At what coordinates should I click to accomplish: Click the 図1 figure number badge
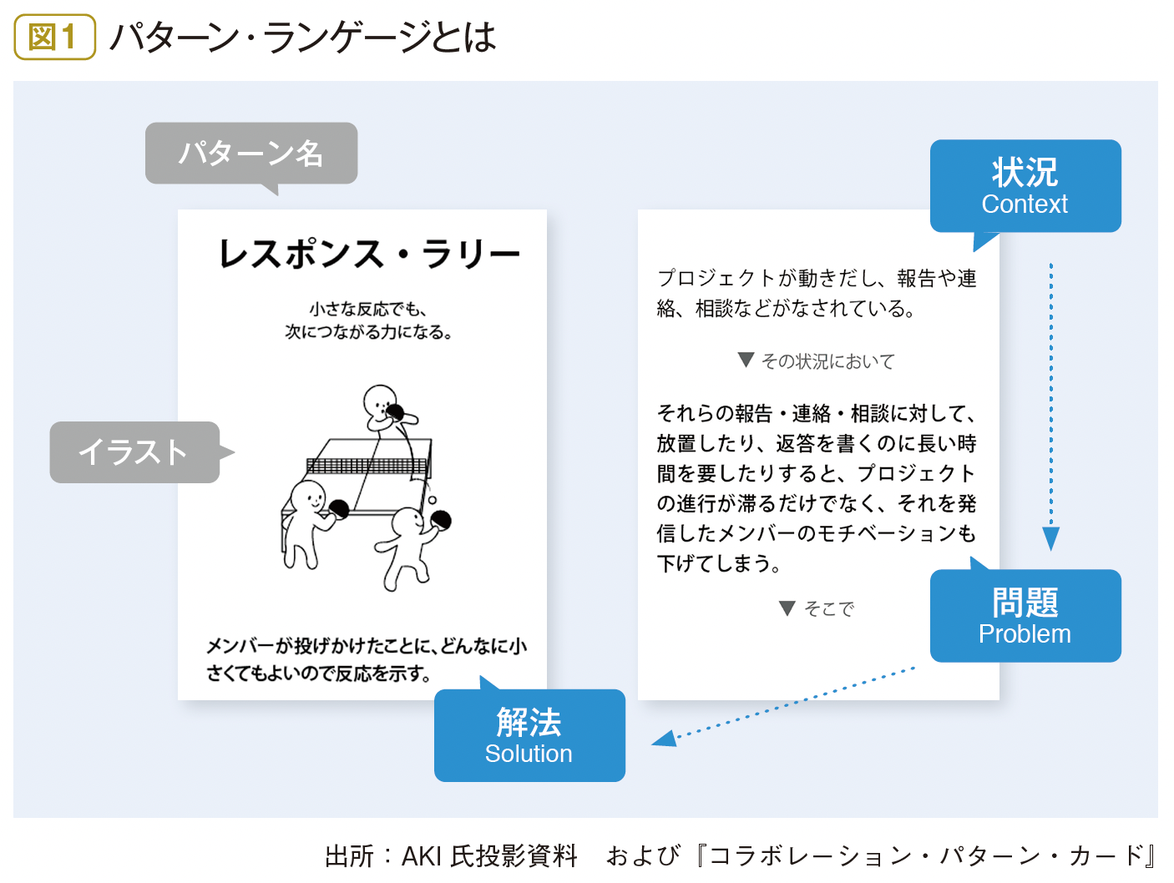pos(54,37)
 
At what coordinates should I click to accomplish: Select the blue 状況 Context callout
pos(1025,186)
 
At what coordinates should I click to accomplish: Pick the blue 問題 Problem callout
pos(1025,615)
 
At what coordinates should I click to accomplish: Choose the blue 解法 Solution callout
pos(529,734)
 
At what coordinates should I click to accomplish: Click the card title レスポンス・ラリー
pos(369,254)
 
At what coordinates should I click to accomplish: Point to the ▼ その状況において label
pos(816,361)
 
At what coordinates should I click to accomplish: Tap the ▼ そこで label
pos(816,608)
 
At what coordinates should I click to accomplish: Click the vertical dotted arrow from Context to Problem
pos(1051,406)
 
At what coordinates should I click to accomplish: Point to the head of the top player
pos(379,401)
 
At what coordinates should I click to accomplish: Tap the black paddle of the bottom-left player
pos(338,508)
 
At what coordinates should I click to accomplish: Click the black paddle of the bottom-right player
pos(441,520)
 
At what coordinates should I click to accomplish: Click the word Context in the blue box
pos(1025,204)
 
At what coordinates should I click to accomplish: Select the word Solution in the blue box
pos(529,754)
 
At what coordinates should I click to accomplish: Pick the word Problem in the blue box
pos(1025,634)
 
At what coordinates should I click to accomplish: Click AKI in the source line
pos(421,856)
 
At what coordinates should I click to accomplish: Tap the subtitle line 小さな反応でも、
pos(368,309)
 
